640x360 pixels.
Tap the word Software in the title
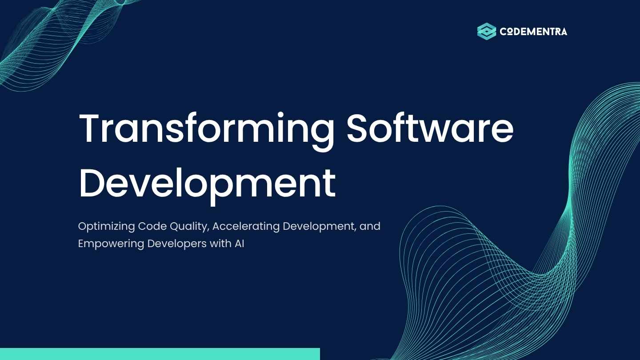click(x=430, y=127)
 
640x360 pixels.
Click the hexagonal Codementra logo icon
click(x=487, y=31)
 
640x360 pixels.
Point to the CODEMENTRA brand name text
click(x=533, y=32)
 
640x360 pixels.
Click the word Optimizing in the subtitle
click(x=107, y=227)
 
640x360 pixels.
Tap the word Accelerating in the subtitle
click(x=246, y=227)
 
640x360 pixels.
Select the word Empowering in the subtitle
click(x=111, y=244)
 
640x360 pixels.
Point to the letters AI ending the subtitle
click(x=240, y=244)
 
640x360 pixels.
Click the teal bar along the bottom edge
click(x=160, y=354)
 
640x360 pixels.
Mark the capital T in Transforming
click(x=90, y=128)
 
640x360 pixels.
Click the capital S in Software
click(x=357, y=128)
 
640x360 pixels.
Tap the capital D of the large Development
click(x=91, y=183)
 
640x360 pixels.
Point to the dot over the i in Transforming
click(x=280, y=114)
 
